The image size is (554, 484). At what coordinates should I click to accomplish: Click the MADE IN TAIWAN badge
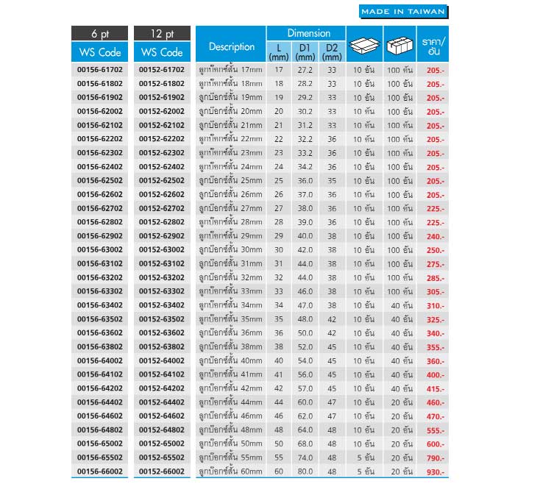click(x=403, y=12)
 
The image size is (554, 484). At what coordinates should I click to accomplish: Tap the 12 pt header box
click(x=161, y=34)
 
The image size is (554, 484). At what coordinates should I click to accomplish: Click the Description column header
click(x=231, y=46)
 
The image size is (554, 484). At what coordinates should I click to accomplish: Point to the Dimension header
click(x=305, y=33)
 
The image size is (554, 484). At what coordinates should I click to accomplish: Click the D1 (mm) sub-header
click(x=305, y=52)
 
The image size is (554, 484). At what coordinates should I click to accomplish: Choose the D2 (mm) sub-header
click(x=331, y=52)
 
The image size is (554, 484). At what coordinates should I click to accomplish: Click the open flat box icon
click(x=363, y=45)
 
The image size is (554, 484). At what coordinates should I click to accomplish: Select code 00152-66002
click(x=161, y=471)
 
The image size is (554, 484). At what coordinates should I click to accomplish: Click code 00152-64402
click(x=161, y=402)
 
